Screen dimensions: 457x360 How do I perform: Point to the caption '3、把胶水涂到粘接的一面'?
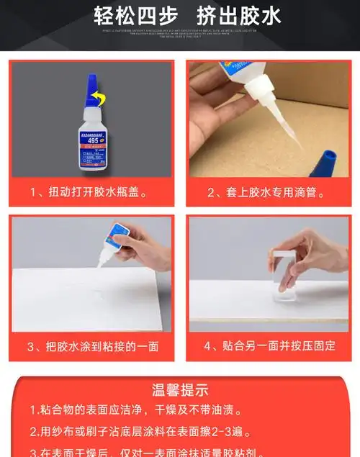pos(91,346)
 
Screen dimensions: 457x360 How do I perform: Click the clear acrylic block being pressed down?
pos(282,273)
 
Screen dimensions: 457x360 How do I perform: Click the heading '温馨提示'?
pos(180,391)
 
